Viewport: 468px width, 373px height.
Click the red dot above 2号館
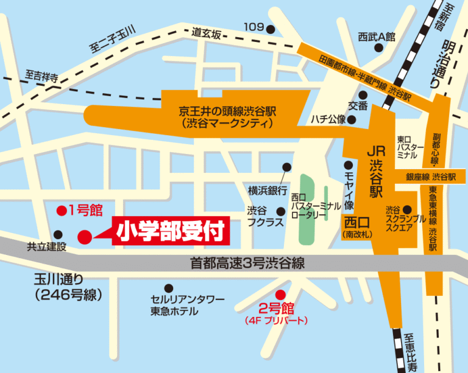(x=280, y=293)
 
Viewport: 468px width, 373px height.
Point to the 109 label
(x=253, y=27)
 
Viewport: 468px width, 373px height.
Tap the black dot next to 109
(x=271, y=28)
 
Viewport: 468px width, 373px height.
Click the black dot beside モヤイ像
(x=348, y=165)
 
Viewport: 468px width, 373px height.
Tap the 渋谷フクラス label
(x=263, y=218)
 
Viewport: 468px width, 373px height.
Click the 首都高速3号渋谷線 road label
(x=246, y=263)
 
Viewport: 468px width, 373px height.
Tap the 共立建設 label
(x=46, y=247)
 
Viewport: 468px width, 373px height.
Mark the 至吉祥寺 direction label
(x=41, y=77)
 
